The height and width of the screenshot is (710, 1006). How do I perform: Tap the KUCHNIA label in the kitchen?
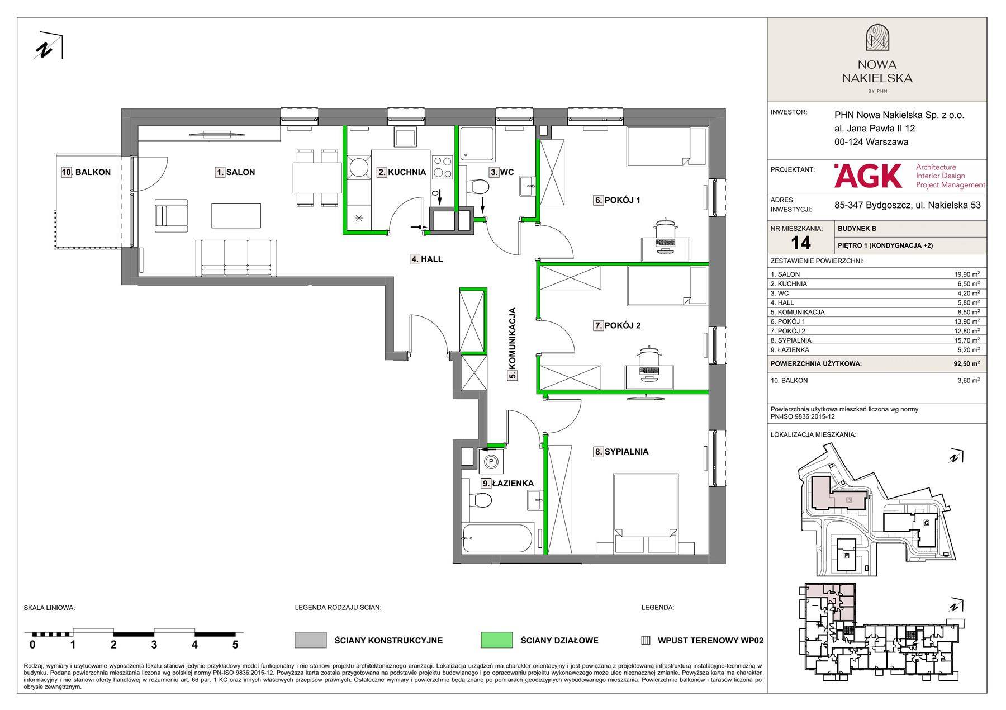pyautogui.click(x=407, y=172)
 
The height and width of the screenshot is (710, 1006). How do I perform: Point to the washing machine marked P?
pyautogui.click(x=491, y=461)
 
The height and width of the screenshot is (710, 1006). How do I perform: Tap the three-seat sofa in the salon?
pyautogui.click(x=236, y=258)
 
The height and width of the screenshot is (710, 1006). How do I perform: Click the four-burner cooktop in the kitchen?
pyautogui.click(x=443, y=165)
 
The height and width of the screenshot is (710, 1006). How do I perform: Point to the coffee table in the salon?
pyautogui.click(x=236, y=215)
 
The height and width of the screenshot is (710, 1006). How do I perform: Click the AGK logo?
pyautogui.click(x=868, y=176)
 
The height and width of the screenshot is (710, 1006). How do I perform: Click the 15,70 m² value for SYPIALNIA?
pyautogui.click(x=966, y=340)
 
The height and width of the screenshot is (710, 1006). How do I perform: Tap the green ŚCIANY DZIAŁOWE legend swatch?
pyautogui.click(x=496, y=640)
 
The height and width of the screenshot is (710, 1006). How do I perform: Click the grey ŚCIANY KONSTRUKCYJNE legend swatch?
pyautogui.click(x=310, y=640)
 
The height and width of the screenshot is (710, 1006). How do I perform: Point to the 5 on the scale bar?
pyautogui.click(x=235, y=645)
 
